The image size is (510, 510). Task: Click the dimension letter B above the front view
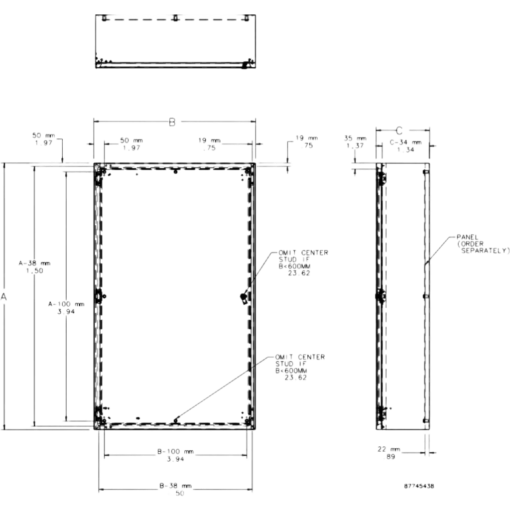click(x=172, y=123)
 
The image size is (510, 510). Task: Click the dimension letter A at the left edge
click(x=4, y=297)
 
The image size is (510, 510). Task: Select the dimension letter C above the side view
click(x=399, y=131)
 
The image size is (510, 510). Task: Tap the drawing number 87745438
click(x=419, y=486)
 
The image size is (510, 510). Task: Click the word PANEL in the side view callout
click(x=467, y=237)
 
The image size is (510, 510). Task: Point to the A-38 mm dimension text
click(x=34, y=263)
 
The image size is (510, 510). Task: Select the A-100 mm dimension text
click(x=66, y=304)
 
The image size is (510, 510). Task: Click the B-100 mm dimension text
click(x=176, y=451)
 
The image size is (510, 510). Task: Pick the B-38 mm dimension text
click(x=176, y=486)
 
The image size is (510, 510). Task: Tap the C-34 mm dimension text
click(x=405, y=142)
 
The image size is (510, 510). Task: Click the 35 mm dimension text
click(x=355, y=138)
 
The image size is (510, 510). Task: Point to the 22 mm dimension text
click(x=388, y=449)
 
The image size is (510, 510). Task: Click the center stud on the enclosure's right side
click(x=243, y=297)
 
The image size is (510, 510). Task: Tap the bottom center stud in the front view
click(x=176, y=420)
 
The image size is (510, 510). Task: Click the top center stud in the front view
click(x=176, y=171)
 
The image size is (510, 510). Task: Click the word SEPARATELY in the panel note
click(x=484, y=251)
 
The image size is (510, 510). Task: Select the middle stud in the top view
click(x=175, y=18)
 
